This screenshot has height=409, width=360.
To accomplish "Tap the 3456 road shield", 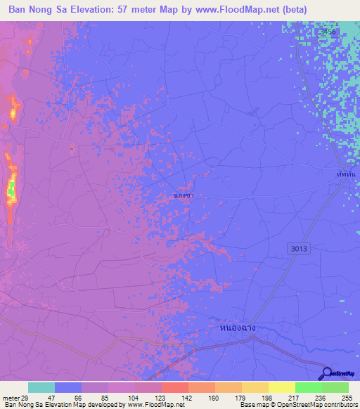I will point(328,32).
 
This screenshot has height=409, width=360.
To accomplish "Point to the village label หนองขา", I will point(184,196).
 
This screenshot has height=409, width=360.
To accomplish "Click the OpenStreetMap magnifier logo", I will point(327,375).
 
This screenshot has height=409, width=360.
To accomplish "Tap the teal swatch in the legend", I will point(41,387).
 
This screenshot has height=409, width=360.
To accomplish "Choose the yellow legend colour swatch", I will point(281,387).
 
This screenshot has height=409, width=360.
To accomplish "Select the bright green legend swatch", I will point(308,387).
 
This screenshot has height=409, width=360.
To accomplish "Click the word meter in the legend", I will point(9,397).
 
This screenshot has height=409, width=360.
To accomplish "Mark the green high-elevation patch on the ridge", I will point(11,188).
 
